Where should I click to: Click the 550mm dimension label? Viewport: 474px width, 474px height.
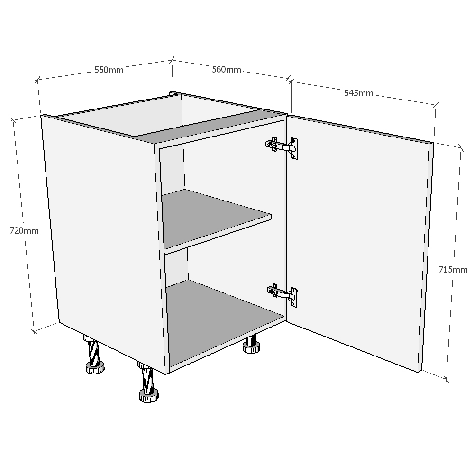[109, 70]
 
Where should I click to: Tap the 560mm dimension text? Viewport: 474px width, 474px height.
[226, 70]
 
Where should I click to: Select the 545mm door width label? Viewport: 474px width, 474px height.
[358, 93]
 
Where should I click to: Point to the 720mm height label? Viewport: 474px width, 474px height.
[24, 231]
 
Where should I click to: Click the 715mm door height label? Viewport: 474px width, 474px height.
[453, 269]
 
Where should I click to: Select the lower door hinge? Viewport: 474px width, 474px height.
[283, 294]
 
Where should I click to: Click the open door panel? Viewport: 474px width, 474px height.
[358, 242]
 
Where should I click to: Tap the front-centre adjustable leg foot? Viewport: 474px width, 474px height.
[148, 394]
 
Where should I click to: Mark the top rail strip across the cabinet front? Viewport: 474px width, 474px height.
[213, 128]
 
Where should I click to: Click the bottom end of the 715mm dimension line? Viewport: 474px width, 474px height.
[447, 379]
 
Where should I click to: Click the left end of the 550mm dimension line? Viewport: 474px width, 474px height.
[38, 80]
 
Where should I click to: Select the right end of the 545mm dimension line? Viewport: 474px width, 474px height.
[437, 104]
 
